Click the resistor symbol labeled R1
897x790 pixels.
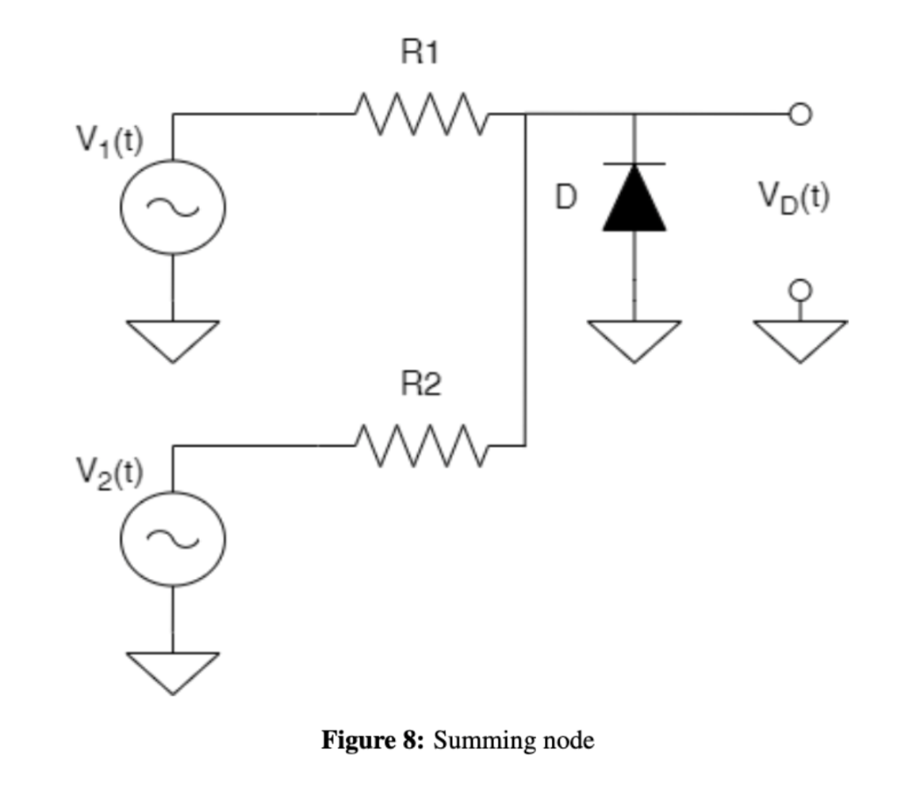pos(419,114)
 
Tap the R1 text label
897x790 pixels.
pos(420,53)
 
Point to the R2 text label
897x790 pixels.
pos(420,384)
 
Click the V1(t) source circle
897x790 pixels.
pos(173,207)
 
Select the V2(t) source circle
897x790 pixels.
pos(173,539)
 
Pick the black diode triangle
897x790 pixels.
pos(634,200)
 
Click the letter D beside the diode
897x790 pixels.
pos(567,199)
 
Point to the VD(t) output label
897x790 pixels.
pos(794,198)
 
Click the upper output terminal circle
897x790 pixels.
pos(800,114)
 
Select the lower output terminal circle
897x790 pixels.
pos(800,290)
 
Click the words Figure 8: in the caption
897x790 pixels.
pos(373,741)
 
